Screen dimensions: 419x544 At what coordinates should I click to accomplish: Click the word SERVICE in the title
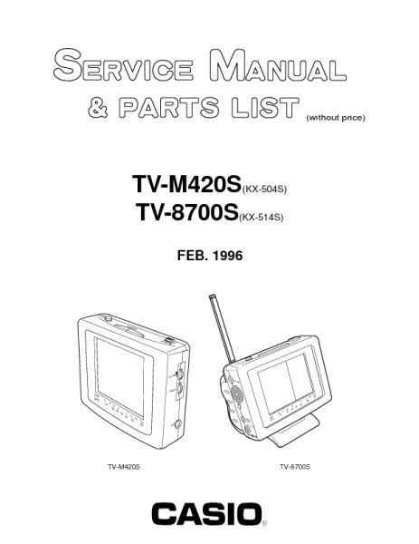123,65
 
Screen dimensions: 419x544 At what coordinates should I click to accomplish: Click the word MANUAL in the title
278,65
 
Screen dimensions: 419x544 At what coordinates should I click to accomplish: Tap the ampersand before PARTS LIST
98,108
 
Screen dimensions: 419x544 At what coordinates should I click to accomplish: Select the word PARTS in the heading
169,108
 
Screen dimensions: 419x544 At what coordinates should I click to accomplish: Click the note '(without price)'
335,118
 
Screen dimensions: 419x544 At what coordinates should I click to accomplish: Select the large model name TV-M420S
186,184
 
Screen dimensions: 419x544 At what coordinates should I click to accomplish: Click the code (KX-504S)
264,189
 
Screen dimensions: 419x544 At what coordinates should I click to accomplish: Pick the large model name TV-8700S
187,211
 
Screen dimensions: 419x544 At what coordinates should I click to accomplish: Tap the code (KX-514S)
262,218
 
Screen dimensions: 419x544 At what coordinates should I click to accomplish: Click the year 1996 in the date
227,256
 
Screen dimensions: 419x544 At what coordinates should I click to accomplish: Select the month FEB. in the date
193,256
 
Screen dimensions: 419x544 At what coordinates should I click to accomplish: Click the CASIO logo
206,514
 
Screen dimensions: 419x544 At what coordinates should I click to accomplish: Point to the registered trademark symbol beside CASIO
264,523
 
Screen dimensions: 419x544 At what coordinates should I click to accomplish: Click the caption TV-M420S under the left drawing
124,467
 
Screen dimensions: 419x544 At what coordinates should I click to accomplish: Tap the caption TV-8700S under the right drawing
295,467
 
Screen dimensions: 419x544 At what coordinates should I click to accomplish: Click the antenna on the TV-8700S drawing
222,329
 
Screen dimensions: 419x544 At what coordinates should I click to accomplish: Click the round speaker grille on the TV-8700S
236,393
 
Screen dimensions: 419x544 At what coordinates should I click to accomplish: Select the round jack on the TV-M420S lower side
178,423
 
